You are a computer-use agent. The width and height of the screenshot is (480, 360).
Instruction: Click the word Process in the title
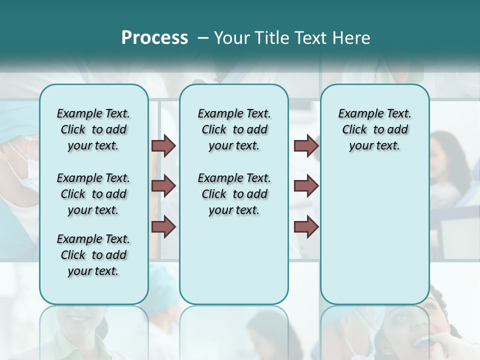(x=154, y=38)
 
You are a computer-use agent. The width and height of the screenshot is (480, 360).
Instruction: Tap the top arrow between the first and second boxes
(x=163, y=146)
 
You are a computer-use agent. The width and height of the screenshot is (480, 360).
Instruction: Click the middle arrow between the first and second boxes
(x=163, y=186)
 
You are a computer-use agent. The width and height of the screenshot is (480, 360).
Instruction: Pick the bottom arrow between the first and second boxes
(x=163, y=226)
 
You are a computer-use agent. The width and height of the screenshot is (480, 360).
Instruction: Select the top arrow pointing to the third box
(x=306, y=146)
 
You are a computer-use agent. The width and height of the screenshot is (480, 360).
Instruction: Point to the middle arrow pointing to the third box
(x=306, y=186)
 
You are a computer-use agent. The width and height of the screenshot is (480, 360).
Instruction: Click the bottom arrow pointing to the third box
(x=306, y=226)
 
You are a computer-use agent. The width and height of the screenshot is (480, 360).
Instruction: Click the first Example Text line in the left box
(x=93, y=113)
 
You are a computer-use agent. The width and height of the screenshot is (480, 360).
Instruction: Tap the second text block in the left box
(x=93, y=194)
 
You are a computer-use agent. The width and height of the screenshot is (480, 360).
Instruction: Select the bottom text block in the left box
(x=93, y=255)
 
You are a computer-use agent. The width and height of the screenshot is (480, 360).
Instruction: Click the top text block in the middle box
(x=234, y=129)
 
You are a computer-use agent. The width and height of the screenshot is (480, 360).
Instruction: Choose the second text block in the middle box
(x=234, y=194)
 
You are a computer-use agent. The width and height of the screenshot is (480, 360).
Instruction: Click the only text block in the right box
(x=374, y=129)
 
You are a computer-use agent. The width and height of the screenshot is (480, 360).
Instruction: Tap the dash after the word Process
(x=203, y=38)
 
